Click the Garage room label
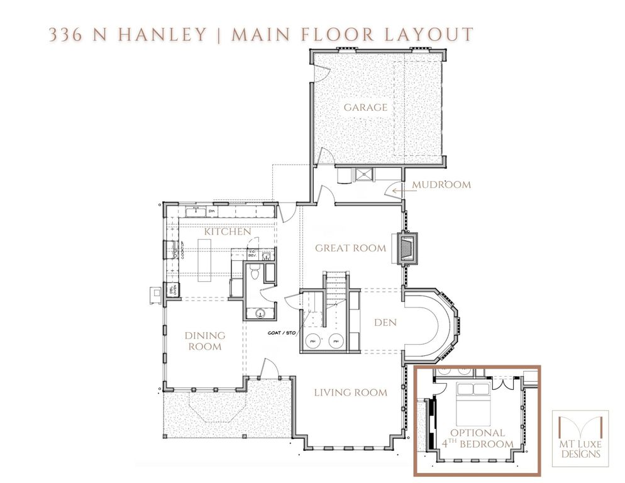click(x=365, y=107)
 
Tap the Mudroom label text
click(x=441, y=185)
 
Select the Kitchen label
click(x=228, y=231)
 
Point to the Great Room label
click(x=350, y=248)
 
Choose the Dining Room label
click(x=204, y=341)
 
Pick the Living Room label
click(x=350, y=393)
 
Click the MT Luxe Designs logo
click(x=580, y=438)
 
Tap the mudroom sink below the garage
click(x=363, y=175)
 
